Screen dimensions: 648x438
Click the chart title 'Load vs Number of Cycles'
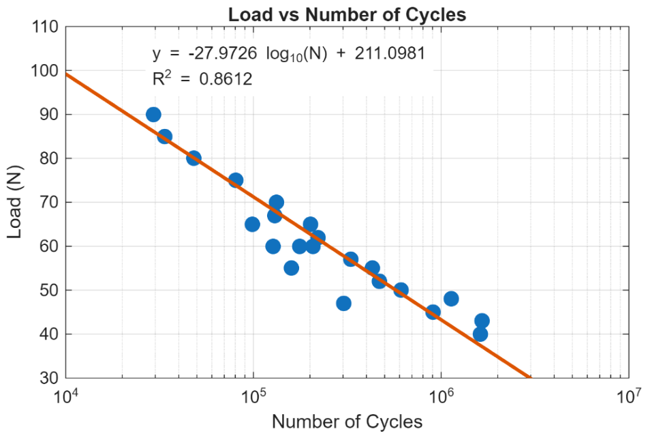(347, 14)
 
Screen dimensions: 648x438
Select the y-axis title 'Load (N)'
(14, 202)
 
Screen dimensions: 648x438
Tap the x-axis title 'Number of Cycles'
(347, 422)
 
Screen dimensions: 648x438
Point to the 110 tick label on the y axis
(45, 27)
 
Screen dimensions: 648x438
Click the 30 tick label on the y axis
(49, 377)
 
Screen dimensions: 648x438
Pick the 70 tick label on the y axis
(49, 202)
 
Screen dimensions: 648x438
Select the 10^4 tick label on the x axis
(67, 396)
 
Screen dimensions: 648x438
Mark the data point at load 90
(153, 115)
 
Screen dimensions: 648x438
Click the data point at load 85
(164, 136)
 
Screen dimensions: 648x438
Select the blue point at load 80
(194, 158)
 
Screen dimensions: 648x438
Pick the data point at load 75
(236, 180)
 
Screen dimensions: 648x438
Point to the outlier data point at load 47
(343, 304)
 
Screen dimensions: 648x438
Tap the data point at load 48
(451, 299)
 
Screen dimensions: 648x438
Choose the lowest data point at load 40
(480, 334)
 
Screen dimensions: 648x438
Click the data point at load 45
(433, 312)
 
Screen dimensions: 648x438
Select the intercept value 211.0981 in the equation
(390, 53)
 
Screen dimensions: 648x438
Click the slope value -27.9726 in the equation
(222, 53)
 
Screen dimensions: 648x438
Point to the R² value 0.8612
(226, 78)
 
